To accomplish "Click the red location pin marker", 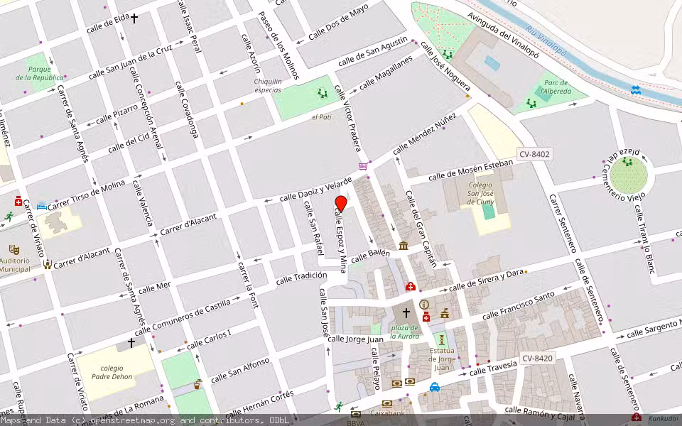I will [x=340, y=204].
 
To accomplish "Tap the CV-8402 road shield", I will [x=534, y=154].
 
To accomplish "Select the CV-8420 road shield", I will [x=536, y=359].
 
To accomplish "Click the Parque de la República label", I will [x=39, y=73].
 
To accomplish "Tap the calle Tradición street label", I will [x=301, y=277].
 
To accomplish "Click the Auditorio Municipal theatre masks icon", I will [x=13, y=250].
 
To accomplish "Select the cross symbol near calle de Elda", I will [x=133, y=18].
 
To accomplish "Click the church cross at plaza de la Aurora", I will [x=406, y=312].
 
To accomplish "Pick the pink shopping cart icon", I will [x=364, y=166].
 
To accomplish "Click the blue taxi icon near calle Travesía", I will [x=434, y=387].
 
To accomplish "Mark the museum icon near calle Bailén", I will [x=404, y=246].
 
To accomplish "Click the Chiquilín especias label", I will [x=268, y=86].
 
